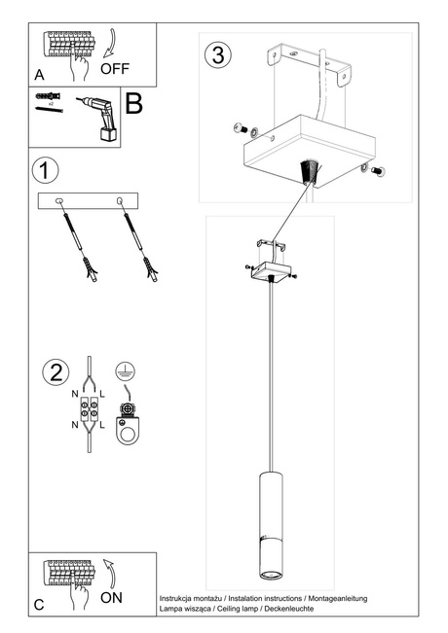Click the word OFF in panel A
pyautogui.click(x=114, y=70)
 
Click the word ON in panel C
pyautogui.click(x=111, y=597)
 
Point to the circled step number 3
pyautogui.click(x=218, y=53)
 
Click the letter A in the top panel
pyautogui.click(x=39, y=74)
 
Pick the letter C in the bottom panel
pyautogui.click(x=39, y=604)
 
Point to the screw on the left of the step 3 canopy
pyautogui.click(x=241, y=129)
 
